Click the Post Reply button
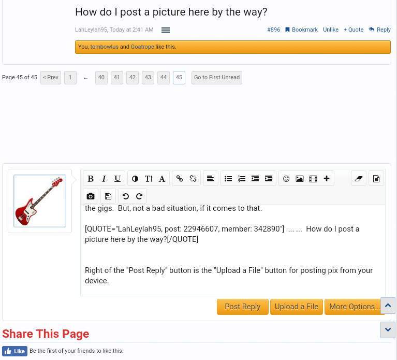tap(243, 307)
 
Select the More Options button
tap(355, 307)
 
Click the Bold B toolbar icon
tap(91, 179)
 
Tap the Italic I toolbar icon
tap(104, 179)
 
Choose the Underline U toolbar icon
tap(117, 179)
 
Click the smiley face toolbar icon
tap(286, 179)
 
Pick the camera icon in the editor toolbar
tap(91, 196)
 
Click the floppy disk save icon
tap(108, 196)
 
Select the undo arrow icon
tap(126, 196)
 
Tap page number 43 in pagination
tap(148, 78)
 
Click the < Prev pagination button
tap(51, 78)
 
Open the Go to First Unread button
tap(217, 78)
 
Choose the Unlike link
tap(331, 30)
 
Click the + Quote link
tap(354, 30)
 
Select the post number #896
tap(274, 30)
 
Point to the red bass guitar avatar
tap(40, 201)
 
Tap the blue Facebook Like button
tap(14, 351)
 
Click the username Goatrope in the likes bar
tap(142, 47)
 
